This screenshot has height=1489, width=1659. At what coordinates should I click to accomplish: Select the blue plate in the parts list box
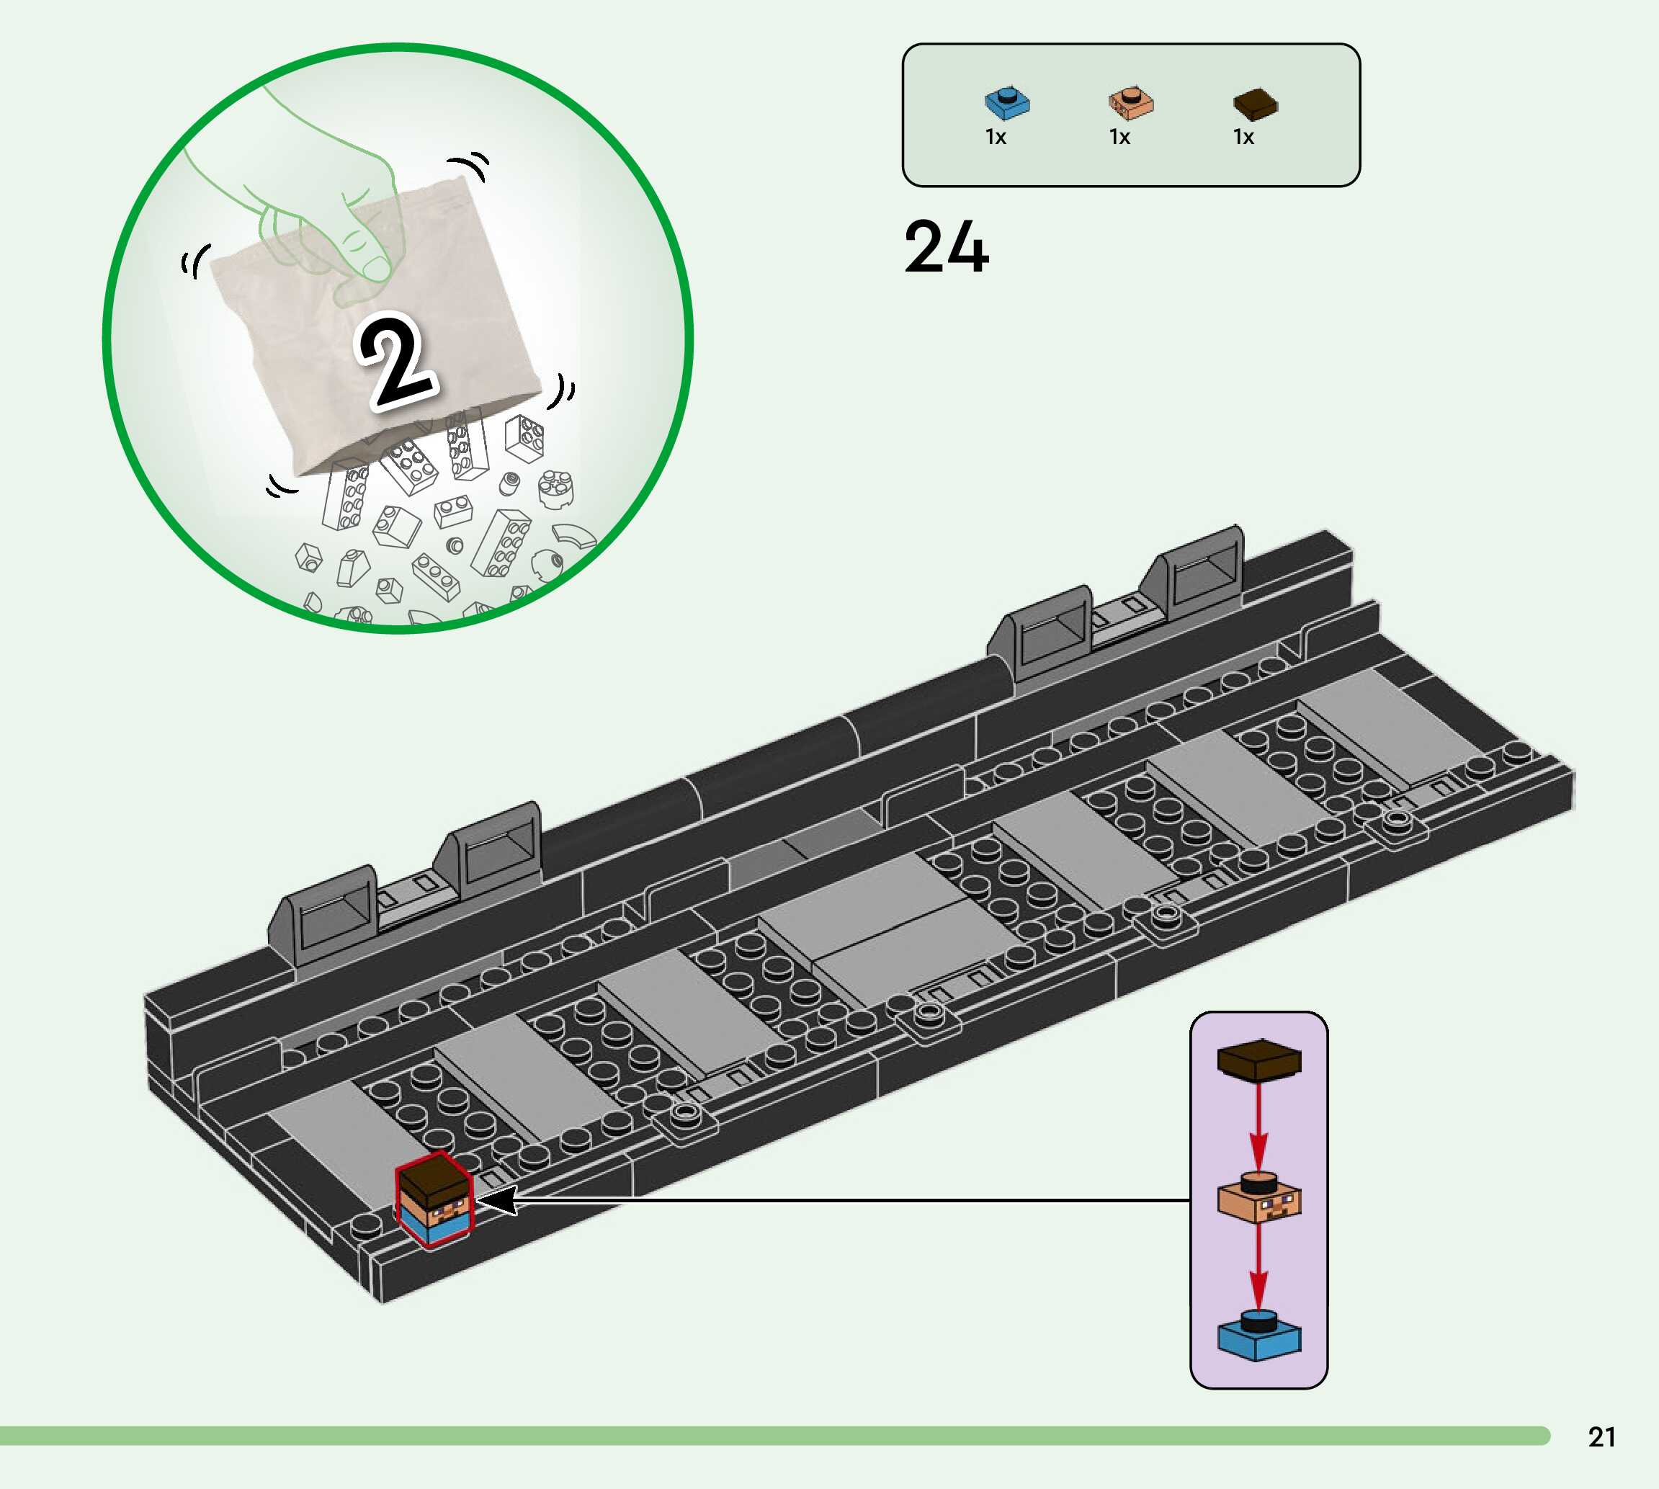[x=1006, y=102]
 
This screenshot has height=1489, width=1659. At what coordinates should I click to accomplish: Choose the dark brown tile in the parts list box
[x=1254, y=103]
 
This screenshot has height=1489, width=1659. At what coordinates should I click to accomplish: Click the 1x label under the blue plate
[x=996, y=138]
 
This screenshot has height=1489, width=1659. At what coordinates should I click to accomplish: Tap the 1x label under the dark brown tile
[x=1243, y=138]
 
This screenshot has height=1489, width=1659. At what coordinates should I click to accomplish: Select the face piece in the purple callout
[x=1259, y=1199]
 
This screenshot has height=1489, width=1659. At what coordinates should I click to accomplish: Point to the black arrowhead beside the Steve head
[x=497, y=1201]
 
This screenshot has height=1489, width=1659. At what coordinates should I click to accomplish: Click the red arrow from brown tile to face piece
[x=1259, y=1125]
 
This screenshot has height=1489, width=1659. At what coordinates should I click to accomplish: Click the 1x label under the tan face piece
[x=1119, y=138]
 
